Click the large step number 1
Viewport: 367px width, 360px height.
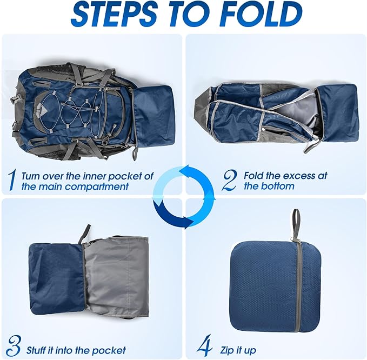12,181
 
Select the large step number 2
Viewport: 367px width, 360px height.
230,181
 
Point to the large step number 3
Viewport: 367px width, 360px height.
14,346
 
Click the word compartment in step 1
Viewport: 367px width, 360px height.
96,186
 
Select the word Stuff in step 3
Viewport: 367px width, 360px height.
36,351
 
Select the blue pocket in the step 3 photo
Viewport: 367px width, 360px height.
57,278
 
